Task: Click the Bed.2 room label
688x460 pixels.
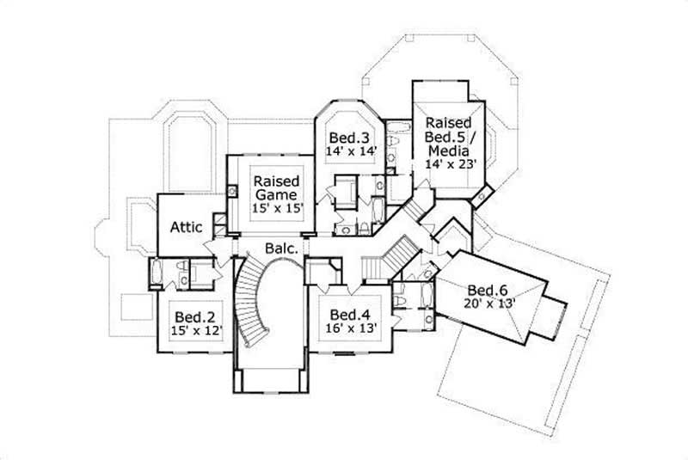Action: (x=190, y=314)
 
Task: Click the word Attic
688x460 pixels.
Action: (x=187, y=227)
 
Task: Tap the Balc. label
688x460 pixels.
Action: (x=281, y=248)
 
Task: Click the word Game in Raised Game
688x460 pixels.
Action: (x=276, y=195)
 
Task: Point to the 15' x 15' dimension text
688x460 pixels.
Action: (x=276, y=209)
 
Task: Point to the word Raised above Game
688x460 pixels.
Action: (x=276, y=181)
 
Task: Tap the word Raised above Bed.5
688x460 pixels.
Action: (x=447, y=123)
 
